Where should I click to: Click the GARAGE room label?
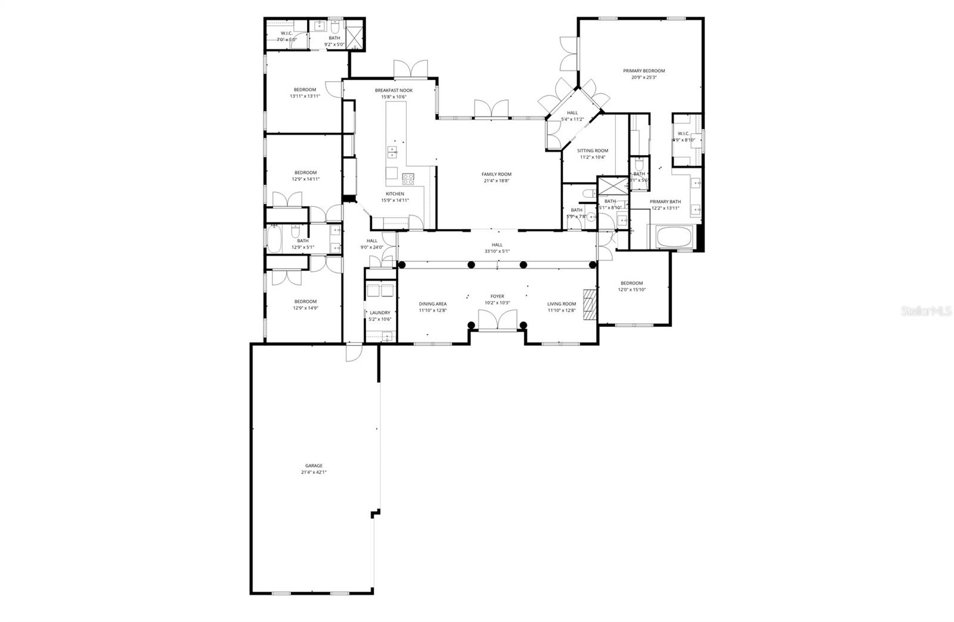tap(314, 466)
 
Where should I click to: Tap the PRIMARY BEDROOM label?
tap(644, 71)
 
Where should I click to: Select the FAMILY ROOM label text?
tap(497, 174)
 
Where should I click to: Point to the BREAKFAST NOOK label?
tap(394, 91)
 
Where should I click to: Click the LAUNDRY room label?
tap(380, 312)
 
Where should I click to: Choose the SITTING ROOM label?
tap(593, 151)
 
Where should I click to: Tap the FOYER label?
tap(497, 296)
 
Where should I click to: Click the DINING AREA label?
tap(432, 304)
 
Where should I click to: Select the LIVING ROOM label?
tap(562, 304)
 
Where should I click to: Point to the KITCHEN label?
tap(395, 194)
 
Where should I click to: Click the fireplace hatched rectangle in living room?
tap(590, 304)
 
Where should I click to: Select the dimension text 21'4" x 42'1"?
tap(314, 472)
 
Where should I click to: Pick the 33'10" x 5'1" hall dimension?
tap(497, 251)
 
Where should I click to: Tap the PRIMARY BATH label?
tap(665, 202)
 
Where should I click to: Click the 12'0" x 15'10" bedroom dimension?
tap(631, 290)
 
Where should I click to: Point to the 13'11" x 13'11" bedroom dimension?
tap(305, 96)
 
